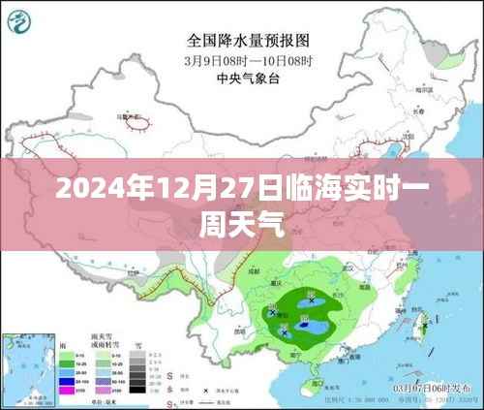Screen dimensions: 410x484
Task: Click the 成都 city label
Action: tap(255, 274)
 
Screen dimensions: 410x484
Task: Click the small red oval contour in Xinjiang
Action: tap(136, 125)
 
